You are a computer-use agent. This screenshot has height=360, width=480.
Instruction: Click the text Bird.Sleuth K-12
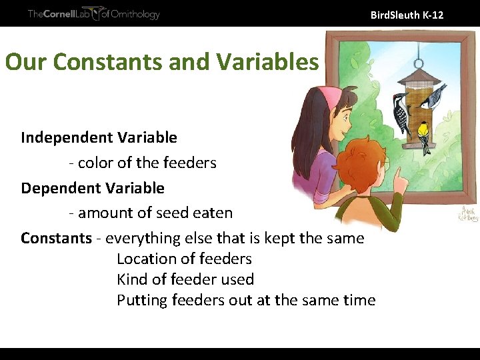407,14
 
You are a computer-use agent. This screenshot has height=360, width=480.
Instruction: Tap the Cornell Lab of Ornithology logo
93,14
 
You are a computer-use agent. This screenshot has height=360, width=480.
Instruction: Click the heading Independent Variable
99,137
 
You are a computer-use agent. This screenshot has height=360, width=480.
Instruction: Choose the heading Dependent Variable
93,188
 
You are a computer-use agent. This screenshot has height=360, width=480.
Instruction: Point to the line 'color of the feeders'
142,163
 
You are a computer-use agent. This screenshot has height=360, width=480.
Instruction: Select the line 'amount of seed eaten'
150,213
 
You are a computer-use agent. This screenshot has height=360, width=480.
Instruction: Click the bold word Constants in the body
56,238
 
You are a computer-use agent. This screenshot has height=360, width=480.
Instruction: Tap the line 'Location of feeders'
184,259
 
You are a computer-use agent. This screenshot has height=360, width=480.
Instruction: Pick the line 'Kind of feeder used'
185,279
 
